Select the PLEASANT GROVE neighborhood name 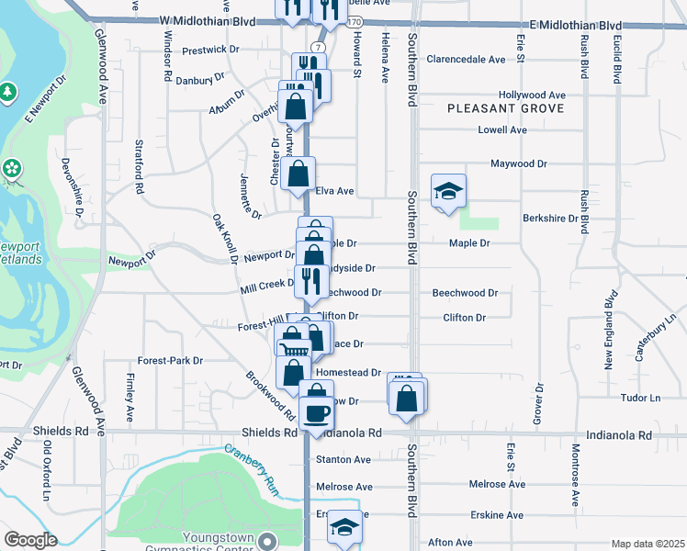pos(492,108)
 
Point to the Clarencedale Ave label pos(466,60)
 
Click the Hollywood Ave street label pos(532,95)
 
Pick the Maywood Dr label pos(518,163)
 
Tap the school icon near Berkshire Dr pos(448,191)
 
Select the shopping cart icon pos(295,350)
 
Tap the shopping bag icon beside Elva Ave pos(299,174)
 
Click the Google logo pos(31,540)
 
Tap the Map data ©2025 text pos(648,544)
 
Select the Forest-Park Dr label pos(170,361)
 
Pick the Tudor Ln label pos(641,398)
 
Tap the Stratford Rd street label pos(141,166)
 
